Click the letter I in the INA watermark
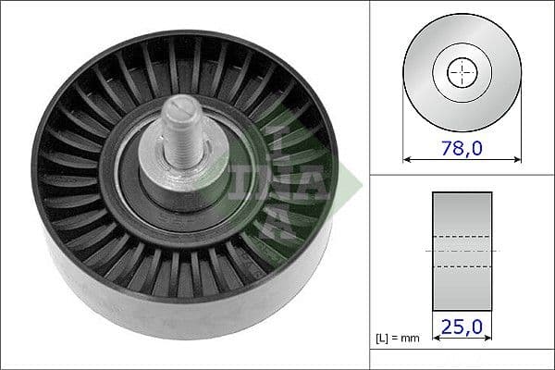tap(277, 139)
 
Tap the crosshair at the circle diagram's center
tap(462, 72)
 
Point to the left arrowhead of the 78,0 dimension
tap(408, 159)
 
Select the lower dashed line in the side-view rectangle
tap(462, 266)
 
